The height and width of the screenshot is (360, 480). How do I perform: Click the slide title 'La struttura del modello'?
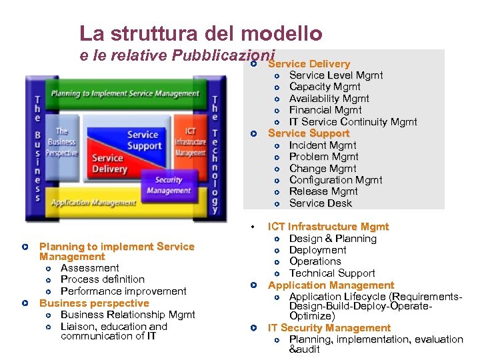pyautogui.click(x=201, y=33)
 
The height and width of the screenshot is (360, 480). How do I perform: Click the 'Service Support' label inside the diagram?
pyautogui.click(x=143, y=140)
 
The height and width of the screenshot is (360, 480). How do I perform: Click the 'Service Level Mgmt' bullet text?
pyautogui.click(x=335, y=75)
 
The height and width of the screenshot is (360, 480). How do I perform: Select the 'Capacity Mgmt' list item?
pyautogui.click(x=324, y=87)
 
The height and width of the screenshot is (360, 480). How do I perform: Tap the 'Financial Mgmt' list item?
pyautogui.click(x=325, y=110)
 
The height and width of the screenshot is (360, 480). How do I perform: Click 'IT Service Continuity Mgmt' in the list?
pyautogui.click(x=353, y=121)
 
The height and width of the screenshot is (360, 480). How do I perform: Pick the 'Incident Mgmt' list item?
pyautogui.click(x=322, y=145)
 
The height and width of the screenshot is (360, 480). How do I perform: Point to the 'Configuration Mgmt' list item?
pyautogui.click(x=335, y=180)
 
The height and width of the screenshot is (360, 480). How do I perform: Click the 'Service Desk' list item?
pyautogui.click(x=320, y=203)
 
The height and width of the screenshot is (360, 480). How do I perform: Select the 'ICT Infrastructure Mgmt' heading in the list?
pyautogui.click(x=328, y=227)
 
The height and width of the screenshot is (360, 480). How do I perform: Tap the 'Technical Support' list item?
pyautogui.click(x=331, y=273)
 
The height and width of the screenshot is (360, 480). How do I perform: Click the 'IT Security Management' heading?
pyautogui.click(x=329, y=328)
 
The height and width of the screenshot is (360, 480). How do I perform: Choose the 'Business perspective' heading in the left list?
pyautogui.click(x=94, y=303)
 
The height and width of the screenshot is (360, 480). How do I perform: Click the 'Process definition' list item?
pyautogui.click(x=102, y=279)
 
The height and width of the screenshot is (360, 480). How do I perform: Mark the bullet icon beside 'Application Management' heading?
pyautogui.click(x=254, y=285)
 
